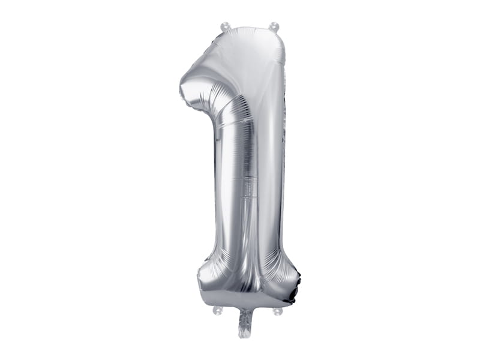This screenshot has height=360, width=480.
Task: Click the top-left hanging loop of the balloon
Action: (225, 26)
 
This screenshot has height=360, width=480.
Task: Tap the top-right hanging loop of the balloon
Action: (274, 26)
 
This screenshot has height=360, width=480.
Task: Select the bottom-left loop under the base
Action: (217, 311)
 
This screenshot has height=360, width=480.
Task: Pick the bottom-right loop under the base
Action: (277, 311)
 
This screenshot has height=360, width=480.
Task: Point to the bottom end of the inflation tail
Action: (245, 335)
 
